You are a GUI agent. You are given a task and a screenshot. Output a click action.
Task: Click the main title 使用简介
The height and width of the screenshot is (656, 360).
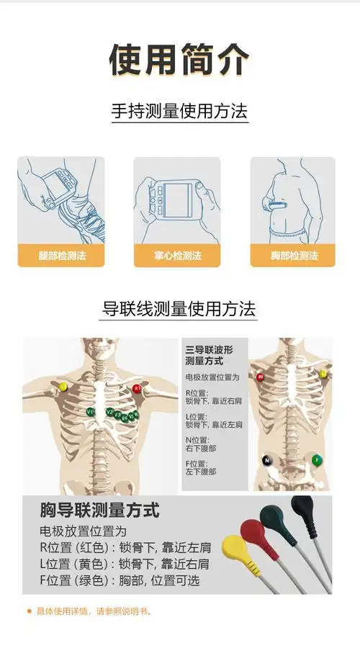pyautogui.click(x=179, y=59)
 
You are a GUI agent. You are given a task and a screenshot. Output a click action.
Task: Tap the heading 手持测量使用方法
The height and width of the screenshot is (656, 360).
pyautogui.click(x=179, y=112)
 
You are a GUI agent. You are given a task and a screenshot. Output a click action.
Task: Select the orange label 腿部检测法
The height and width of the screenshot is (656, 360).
pyautogui.click(x=61, y=256)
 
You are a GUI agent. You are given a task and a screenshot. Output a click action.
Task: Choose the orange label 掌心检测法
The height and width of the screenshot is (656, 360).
pyautogui.click(x=177, y=256)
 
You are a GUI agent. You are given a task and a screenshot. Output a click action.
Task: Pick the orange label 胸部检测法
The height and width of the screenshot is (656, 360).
pyautogui.click(x=294, y=256)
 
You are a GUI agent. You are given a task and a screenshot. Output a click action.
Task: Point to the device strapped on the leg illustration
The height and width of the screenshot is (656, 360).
pyautogui.click(x=56, y=186)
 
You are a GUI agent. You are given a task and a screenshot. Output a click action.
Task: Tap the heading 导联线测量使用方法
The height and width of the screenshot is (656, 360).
pyautogui.click(x=179, y=310)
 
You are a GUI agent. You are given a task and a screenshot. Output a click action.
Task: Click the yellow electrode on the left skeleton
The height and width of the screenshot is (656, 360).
pyautogui.click(x=63, y=387)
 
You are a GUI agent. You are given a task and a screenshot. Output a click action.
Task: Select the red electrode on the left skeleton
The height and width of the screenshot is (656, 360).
pyautogui.click(x=136, y=389)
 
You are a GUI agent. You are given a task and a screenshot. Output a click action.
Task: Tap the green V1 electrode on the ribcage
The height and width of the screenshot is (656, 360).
pyautogui.click(x=90, y=412)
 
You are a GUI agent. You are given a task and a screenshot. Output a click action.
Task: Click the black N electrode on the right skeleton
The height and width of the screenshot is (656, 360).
pyautogui.click(x=266, y=460)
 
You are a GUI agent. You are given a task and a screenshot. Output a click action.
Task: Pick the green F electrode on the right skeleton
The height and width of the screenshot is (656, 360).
pyautogui.click(x=317, y=460)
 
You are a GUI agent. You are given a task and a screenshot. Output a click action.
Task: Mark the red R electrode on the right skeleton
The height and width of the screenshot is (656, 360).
pyautogui.click(x=259, y=377)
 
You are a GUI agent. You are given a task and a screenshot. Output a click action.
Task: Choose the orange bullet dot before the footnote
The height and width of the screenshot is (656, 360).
pyautogui.click(x=30, y=611)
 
